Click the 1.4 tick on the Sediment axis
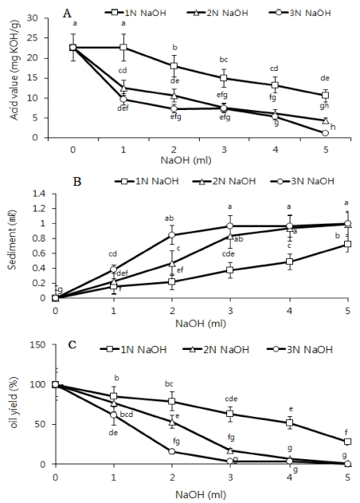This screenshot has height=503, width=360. [39, 194]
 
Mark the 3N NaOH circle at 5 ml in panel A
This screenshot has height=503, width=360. [325, 133]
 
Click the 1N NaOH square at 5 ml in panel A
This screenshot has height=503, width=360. [325, 95]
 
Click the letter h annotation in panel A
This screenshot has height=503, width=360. [334, 128]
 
